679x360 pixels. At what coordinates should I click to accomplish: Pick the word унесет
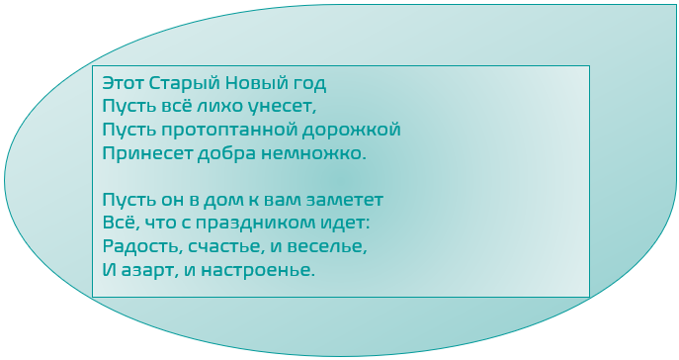[x=292, y=106]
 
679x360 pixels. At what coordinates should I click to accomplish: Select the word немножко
[x=315, y=153]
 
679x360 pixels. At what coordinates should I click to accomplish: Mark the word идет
[x=347, y=224]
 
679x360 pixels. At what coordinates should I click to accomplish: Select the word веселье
[x=331, y=247]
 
